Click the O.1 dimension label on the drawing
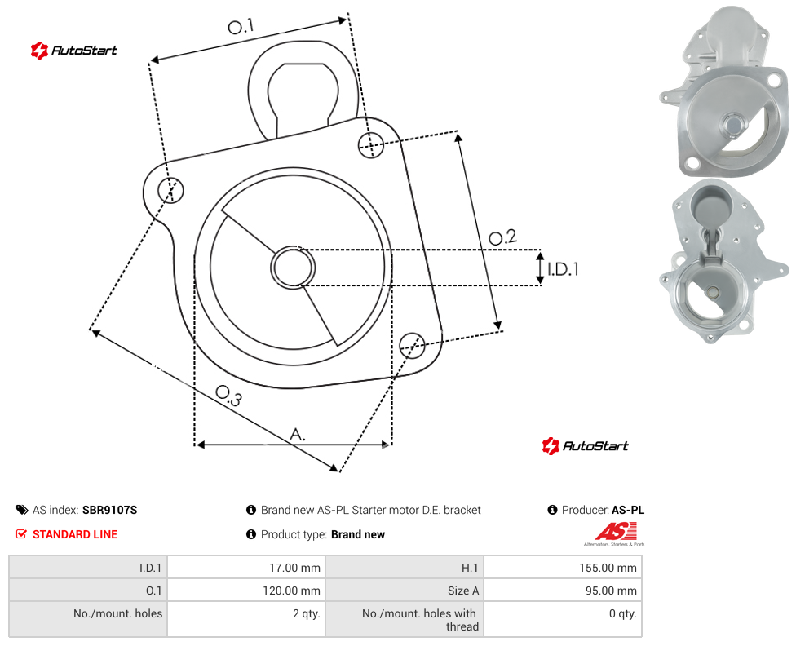click(x=241, y=26)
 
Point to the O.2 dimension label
click(x=502, y=237)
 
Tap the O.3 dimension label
click(x=228, y=396)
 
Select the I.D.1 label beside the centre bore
click(x=563, y=268)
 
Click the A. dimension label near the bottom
click(x=298, y=435)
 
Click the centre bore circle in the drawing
click(x=293, y=268)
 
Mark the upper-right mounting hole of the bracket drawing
click(x=371, y=144)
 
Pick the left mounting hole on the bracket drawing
click(x=170, y=190)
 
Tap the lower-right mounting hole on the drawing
click(x=412, y=346)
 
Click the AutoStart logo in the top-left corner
click(x=73, y=51)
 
